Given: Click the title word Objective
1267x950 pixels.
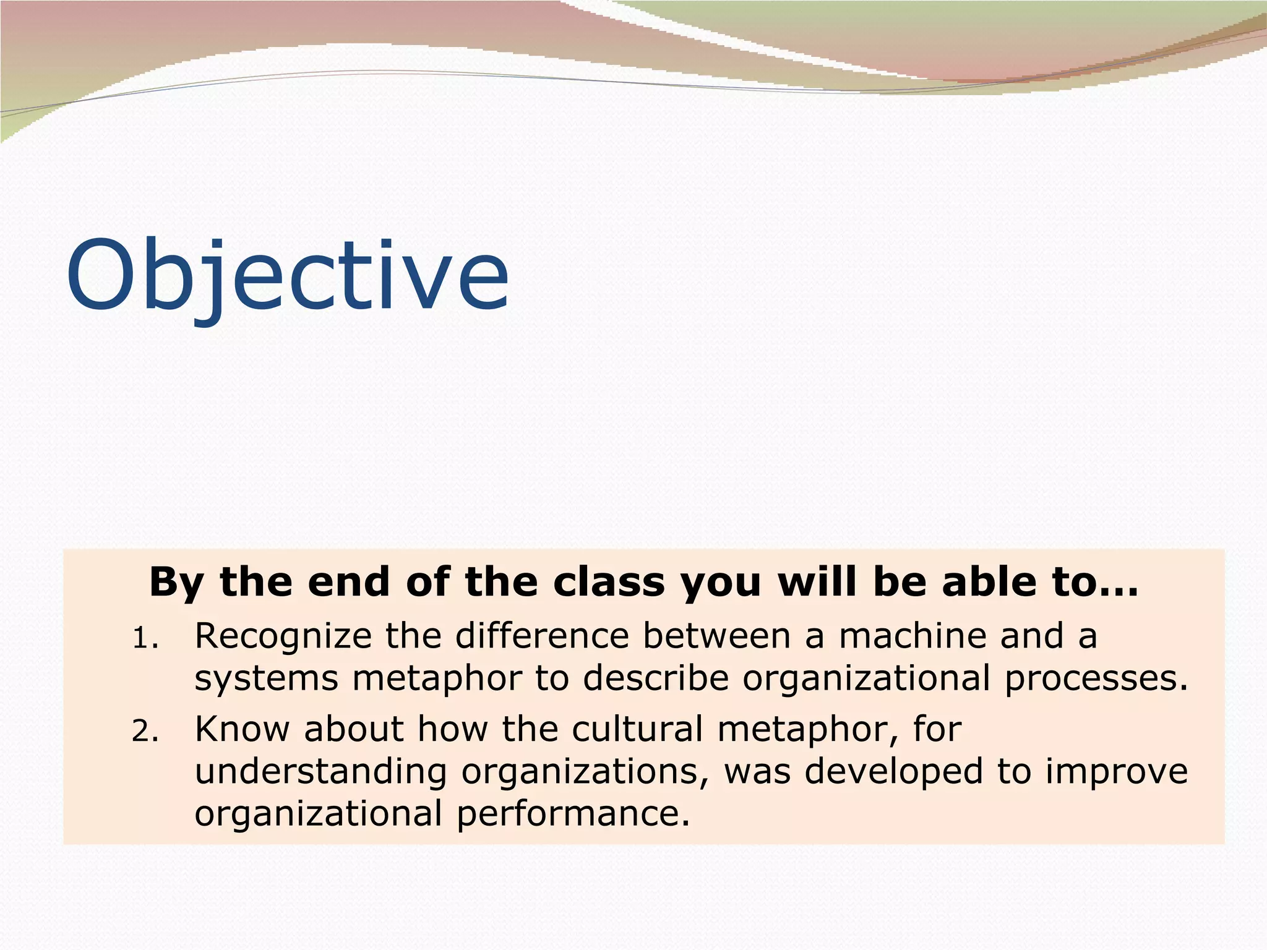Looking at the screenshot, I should (x=288, y=275).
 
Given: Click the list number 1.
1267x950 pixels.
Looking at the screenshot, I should (x=145, y=638).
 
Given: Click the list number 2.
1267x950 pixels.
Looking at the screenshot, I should (x=145, y=732).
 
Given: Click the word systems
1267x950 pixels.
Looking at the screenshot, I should (x=266, y=678).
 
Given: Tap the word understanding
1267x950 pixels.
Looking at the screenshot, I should (x=320, y=772).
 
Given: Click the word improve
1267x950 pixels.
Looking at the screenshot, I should (x=1117, y=772).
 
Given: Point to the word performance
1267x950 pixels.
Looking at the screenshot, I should (x=573, y=814).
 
